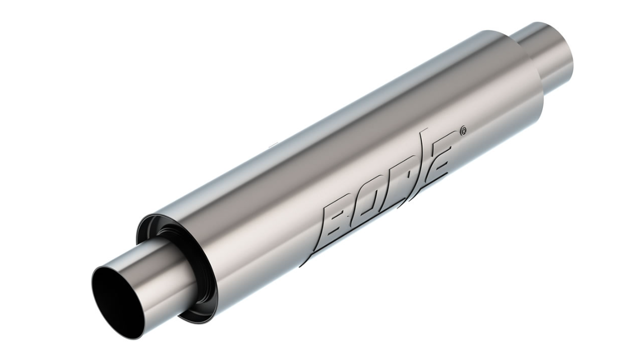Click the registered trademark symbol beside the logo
click(x=462, y=132)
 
